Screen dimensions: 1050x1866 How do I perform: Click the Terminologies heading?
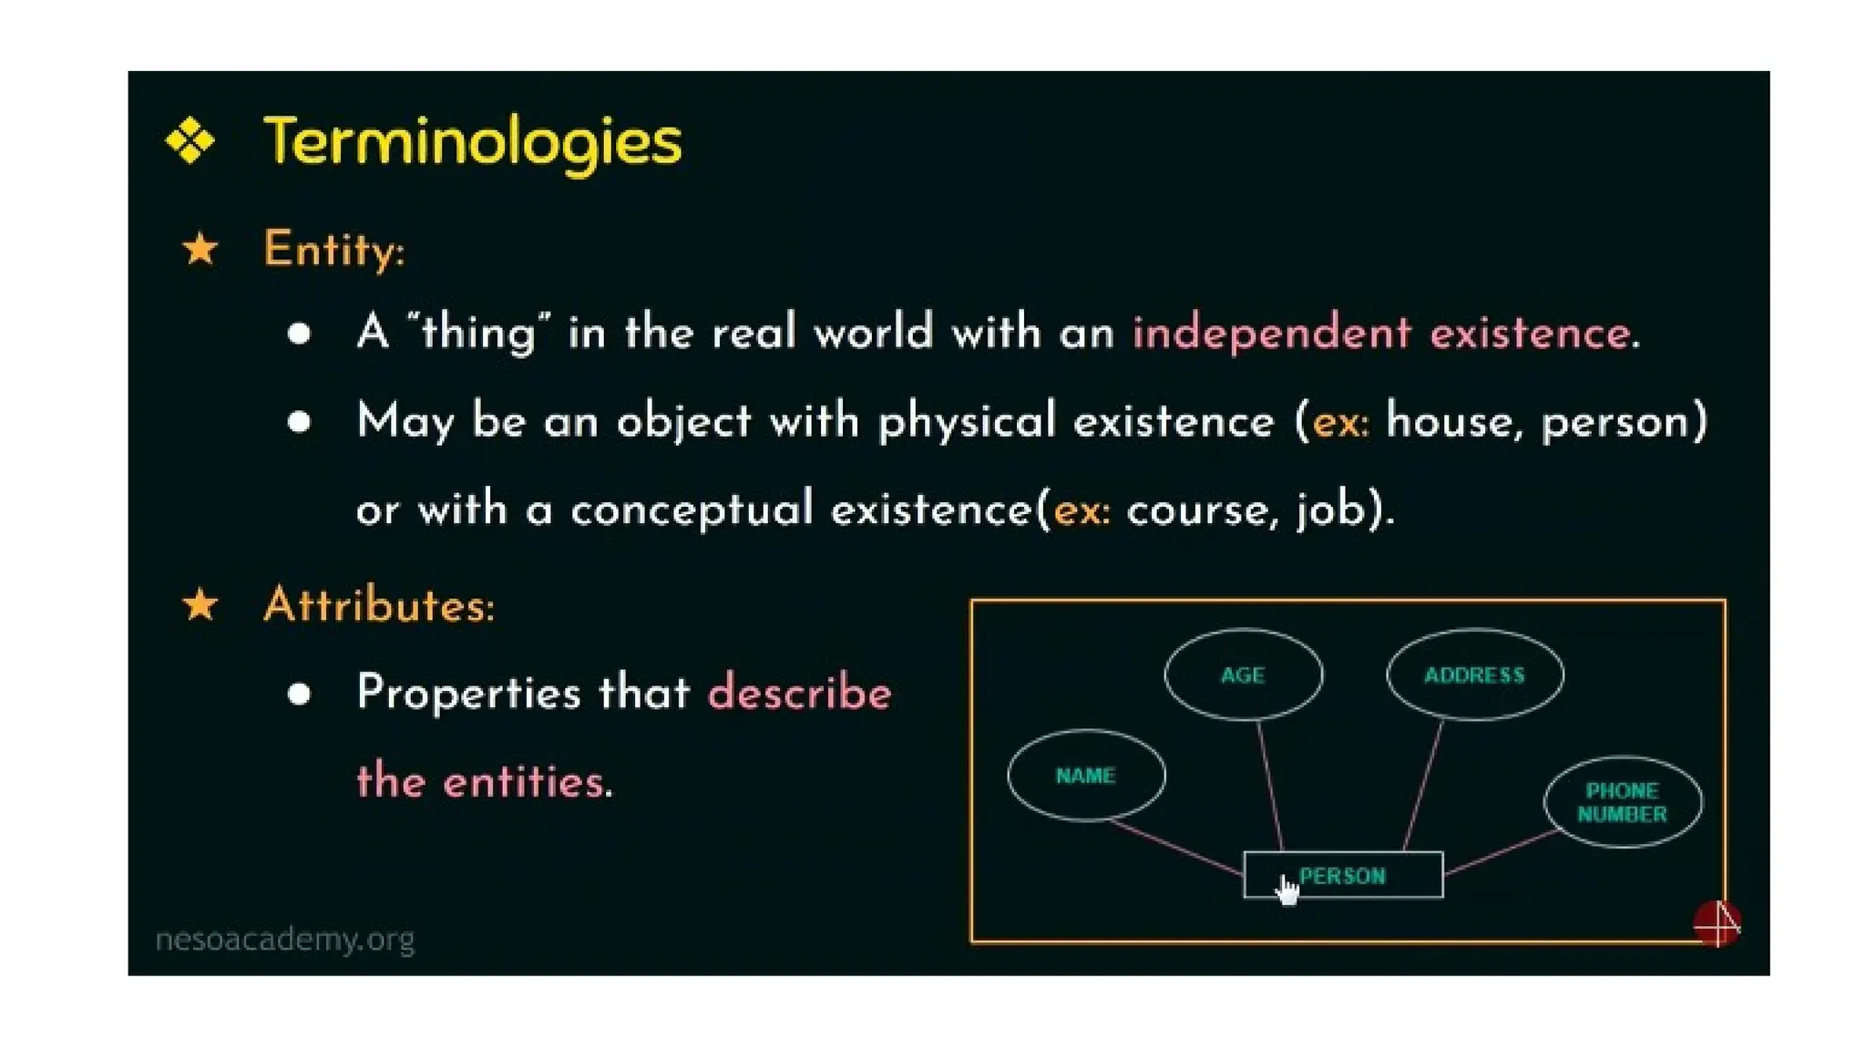click(472, 141)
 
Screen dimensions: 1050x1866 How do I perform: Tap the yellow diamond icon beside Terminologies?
click(190, 140)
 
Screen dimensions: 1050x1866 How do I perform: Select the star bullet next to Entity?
click(200, 249)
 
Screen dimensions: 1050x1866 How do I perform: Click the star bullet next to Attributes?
click(200, 605)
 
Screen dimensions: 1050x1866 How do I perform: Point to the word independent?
click(1271, 333)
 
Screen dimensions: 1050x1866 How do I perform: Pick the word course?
click(1196, 510)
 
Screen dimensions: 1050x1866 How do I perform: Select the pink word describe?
click(799, 693)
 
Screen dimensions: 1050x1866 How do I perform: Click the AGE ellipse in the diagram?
click(1243, 674)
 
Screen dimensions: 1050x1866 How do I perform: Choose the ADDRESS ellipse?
click(1474, 674)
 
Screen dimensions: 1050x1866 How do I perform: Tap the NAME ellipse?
click(1085, 775)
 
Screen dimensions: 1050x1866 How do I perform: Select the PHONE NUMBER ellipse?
click(1622, 802)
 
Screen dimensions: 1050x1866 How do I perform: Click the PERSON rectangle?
click(1367, 876)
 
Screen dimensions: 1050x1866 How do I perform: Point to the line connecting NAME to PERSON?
click(1175, 848)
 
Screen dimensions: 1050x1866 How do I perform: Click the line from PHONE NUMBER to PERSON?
click(1500, 852)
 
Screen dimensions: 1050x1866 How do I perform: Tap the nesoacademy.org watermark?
click(285, 939)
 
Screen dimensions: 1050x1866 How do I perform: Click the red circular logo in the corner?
click(1717, 923)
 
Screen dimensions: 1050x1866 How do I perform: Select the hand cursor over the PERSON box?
click(1287, 890)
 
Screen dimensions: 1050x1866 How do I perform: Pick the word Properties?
click(468, 693)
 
